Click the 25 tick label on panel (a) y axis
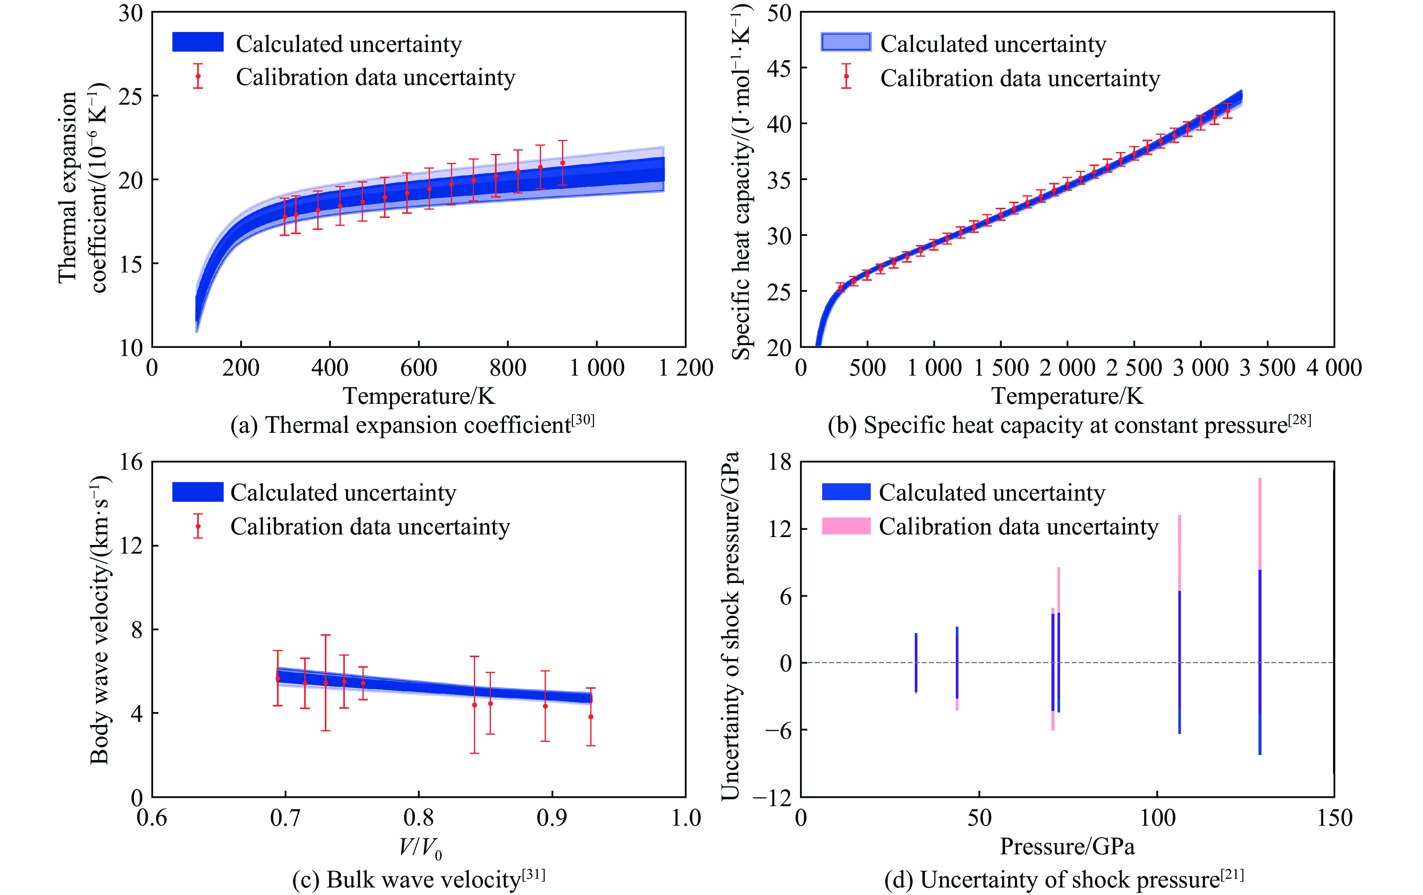click(131, 96)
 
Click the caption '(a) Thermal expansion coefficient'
click(412, 425)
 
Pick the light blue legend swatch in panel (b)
click(846, 42)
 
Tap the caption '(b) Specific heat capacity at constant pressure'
click(1068, 425)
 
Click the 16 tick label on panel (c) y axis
click(131, 461)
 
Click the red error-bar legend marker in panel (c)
click(198, 526)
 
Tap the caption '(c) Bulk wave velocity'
click(418, 880)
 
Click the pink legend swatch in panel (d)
click(846, 526)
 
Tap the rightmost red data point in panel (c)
click(590, 717)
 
